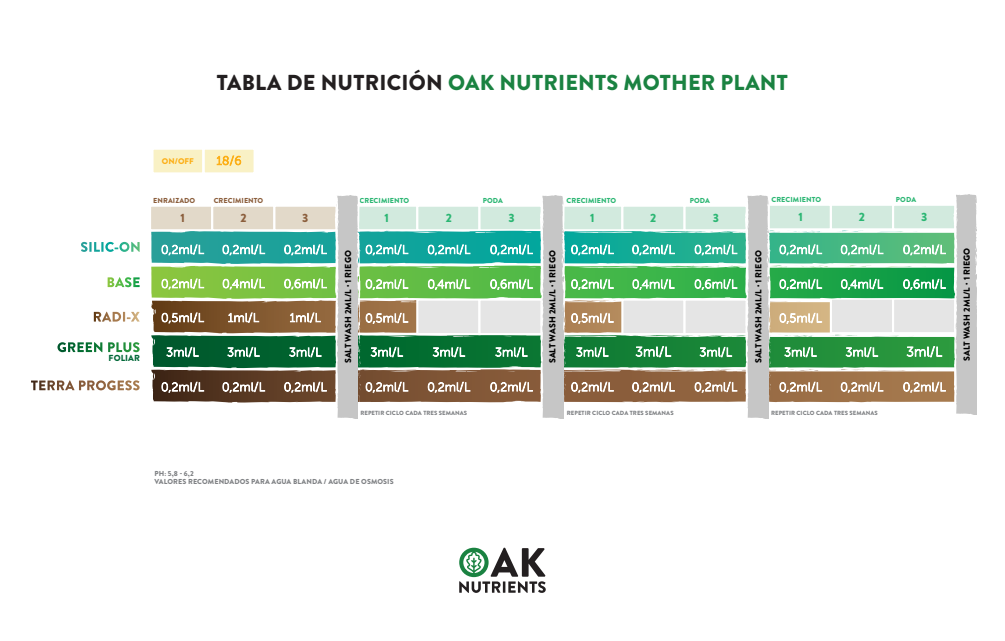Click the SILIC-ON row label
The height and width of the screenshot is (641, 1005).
tap(110, 248)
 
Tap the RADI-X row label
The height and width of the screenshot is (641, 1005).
tap(116, 317)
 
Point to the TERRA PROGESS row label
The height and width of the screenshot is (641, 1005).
tap(85, 385)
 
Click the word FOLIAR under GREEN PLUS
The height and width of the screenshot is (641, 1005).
tap(124, 357)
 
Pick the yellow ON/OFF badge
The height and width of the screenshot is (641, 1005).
tap(177, 160)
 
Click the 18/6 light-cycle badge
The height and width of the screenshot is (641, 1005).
tap(228, 160)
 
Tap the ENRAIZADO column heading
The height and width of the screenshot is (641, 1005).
tap(173, 200)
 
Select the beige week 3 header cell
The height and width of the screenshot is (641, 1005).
tap(305, 218)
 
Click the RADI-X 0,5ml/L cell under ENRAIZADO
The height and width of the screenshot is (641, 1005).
tap(182, 318)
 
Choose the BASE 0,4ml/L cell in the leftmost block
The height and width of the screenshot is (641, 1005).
tap(243, 284)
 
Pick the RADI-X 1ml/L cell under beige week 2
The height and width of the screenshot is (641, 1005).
tap(243, 318)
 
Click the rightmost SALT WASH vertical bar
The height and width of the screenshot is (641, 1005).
tap(966, 304)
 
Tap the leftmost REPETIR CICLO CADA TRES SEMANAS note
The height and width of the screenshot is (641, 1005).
tap(412, 412)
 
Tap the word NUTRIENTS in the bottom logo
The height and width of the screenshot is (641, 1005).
tap(502, 586)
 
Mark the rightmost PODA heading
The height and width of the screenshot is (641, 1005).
tap(906, 200)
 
